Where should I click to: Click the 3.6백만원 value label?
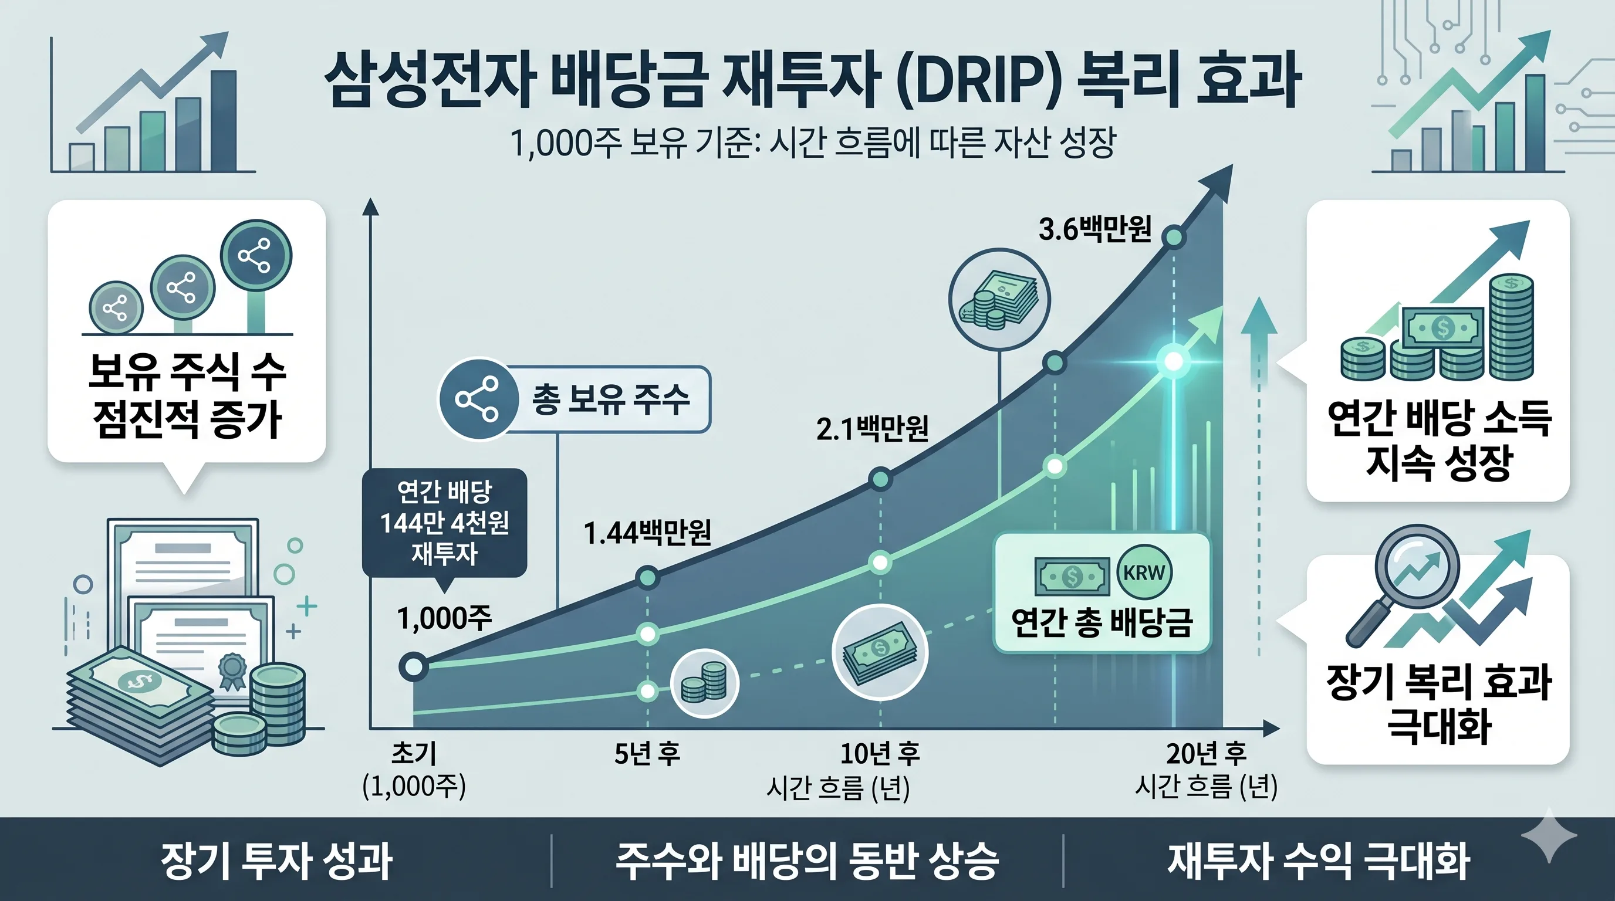click(x=1094, y=229)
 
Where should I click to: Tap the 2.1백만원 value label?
click(x=872, y=429)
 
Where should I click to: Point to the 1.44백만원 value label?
click(x=647, y=533)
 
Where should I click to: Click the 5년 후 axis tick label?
click(x=647, y=754)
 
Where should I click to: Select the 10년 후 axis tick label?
click(x=880, y=754)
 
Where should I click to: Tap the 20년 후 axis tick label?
click(x=1205, y=754)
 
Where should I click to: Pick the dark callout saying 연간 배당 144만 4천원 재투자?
click(x=444, y=522)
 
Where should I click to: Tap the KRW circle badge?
click(x=1144, y=573)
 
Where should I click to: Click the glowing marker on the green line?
click(x=1173, y=361)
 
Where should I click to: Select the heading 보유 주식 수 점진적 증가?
click(x=186, y=395)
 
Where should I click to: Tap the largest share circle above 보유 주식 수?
click(x=256, y=256)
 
